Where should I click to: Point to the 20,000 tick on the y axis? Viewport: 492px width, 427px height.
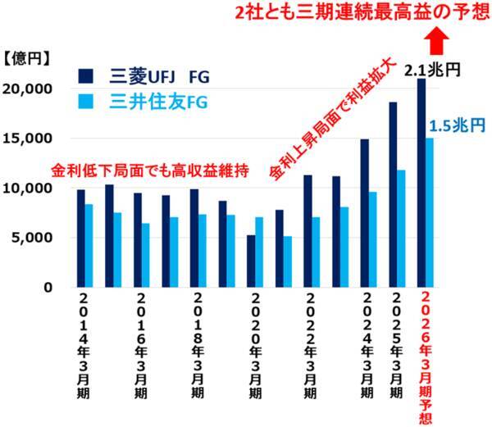tap(29, 89)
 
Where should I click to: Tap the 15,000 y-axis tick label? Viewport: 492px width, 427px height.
tap(29, 139)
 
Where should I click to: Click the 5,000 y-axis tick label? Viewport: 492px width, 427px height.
tap(33, 238)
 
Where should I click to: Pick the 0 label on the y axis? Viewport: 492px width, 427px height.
tap(48, 288)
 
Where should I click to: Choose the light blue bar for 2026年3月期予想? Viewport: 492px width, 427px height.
tap(430, 213)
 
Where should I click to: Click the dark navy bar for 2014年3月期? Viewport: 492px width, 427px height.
tap(80, 238)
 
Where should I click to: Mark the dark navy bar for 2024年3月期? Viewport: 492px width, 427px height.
tap(364, 213)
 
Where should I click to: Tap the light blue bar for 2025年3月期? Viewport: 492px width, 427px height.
tap(401, 229)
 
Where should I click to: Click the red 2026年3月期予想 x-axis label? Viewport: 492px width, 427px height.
tap(426, 357)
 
